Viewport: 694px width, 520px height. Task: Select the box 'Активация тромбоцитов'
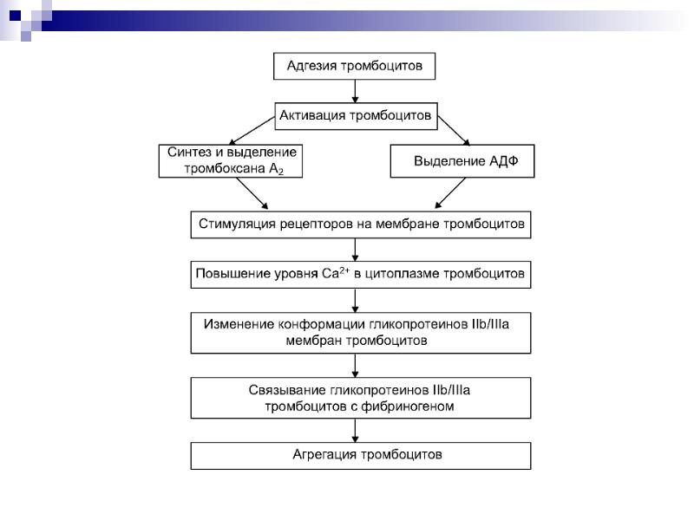click(354, 114)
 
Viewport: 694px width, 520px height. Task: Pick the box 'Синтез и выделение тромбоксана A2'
click(232, 160)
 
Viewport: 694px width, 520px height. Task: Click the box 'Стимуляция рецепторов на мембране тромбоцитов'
click(360, 224)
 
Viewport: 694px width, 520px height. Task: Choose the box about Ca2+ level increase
click(360, 275)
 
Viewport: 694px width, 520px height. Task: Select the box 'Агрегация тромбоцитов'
click(360, 455)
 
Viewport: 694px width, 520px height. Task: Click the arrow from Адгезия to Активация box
click(354, 91)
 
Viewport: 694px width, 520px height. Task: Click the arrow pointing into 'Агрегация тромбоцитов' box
click(355, 432)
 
